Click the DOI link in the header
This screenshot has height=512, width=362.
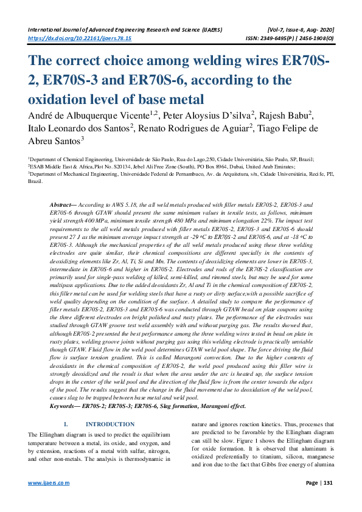click(x=80, y=38)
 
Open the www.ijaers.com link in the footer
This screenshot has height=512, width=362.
click(x=49, y=483)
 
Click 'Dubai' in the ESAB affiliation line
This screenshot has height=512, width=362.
click(x=226, y=165)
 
